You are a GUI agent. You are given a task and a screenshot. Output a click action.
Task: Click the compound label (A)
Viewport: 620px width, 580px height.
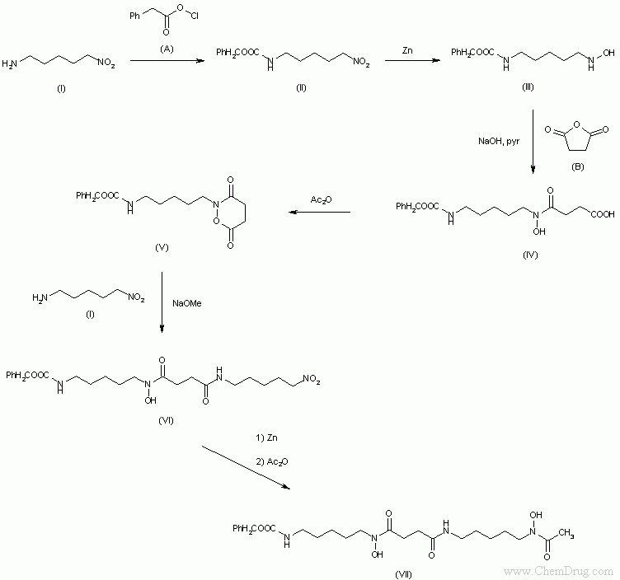point(167,49)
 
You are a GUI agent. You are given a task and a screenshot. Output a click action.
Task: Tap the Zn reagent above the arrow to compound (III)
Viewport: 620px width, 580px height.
point(407,50)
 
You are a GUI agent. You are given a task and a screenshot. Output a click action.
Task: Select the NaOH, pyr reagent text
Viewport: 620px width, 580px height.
point(499,141)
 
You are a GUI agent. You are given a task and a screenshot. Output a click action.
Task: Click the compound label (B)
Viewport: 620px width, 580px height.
point(577,166)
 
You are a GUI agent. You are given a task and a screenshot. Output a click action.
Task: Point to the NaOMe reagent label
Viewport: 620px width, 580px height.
point(186,303)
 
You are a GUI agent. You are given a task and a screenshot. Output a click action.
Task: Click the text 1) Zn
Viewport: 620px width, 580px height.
point(266,437)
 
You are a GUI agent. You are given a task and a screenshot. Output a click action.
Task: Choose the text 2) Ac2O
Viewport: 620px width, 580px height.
point(272,461)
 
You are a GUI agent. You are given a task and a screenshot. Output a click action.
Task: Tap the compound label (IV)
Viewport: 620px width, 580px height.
point(530,255)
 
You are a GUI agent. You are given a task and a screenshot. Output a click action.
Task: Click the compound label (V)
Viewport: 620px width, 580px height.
point(162,247)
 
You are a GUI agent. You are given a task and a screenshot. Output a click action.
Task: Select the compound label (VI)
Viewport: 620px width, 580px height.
point(166,420)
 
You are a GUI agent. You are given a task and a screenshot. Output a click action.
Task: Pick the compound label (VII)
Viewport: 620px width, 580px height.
point(403,574)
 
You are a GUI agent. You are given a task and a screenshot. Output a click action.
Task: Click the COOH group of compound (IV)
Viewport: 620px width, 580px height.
point(603,214)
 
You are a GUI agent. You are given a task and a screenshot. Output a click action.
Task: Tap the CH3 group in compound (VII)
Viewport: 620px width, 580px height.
point(566,534)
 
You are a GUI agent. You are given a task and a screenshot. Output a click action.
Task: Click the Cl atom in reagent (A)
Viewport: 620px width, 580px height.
point(194,16)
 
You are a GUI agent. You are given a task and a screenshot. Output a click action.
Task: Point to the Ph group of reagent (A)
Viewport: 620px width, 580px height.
point(134,16)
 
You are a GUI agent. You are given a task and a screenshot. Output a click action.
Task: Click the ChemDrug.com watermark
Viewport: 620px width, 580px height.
point(558,571)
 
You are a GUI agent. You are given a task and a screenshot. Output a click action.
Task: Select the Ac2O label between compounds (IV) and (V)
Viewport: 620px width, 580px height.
point(321,200)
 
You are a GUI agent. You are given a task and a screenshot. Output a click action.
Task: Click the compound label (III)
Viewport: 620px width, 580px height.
point(528,87)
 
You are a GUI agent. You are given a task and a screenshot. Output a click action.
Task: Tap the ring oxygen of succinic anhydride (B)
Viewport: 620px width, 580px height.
point(576,125)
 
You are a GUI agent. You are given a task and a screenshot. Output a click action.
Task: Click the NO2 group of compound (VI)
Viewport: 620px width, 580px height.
point(311,379)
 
